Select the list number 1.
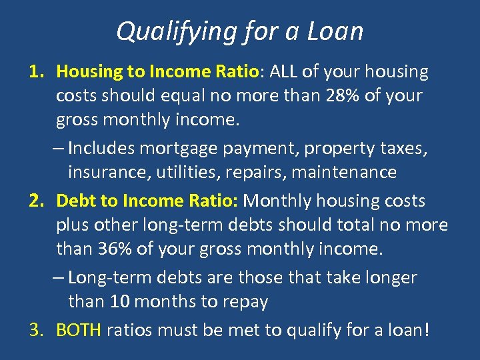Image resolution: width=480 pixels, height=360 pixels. (35, 71)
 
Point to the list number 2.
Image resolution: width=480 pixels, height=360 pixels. (35, 201)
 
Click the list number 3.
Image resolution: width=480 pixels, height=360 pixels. (35, 329)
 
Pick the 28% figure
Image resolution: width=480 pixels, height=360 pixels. (344, 96)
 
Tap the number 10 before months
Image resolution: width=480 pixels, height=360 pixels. (120, 301)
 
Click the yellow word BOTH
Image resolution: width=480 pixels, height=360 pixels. (78, 329)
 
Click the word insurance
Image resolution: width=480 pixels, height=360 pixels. (109, 173)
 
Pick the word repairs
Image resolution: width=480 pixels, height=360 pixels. (247, 173)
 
